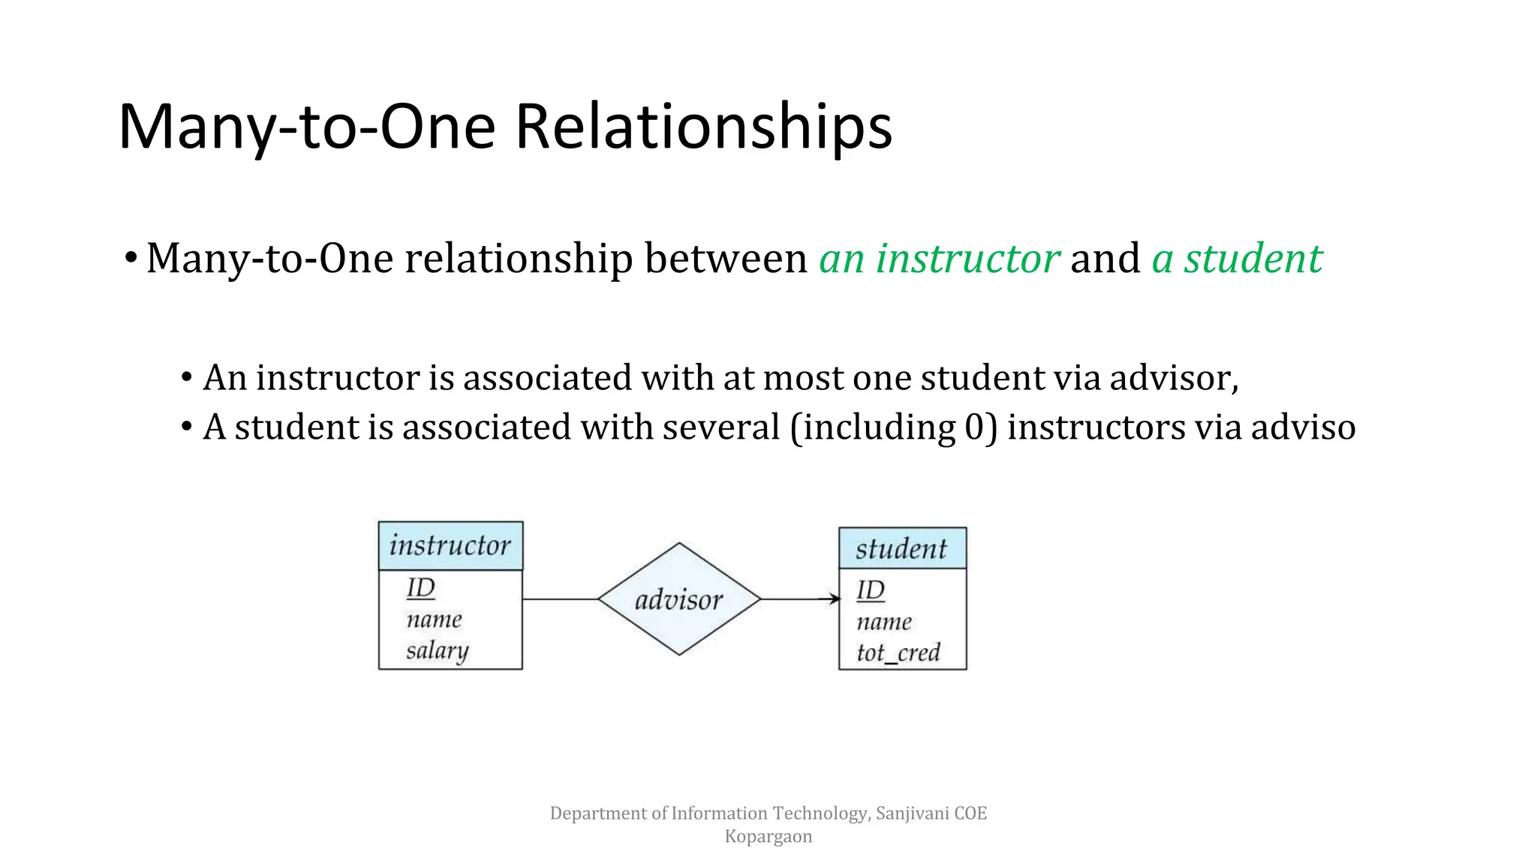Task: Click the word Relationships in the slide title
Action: coord(703,126)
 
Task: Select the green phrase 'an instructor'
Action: coord(939,259)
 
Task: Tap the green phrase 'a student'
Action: coord(1237,259)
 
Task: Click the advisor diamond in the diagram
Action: coord(679,599)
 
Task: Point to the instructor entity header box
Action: coord(450,545)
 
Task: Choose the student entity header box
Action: coord(902,548)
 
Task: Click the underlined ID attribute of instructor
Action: coord(421,588)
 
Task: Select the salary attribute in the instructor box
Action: coord(437,650)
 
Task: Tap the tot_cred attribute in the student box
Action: coord(898,652)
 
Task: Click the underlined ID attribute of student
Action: coord(871,591)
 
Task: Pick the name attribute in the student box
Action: coord(884,622)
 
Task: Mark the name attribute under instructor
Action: coord(434,619)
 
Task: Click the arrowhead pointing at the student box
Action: coord(834,598)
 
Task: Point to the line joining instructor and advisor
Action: coord(560,599)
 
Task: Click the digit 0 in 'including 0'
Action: coord(974,427)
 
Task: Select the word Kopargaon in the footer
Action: coord(768,836)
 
